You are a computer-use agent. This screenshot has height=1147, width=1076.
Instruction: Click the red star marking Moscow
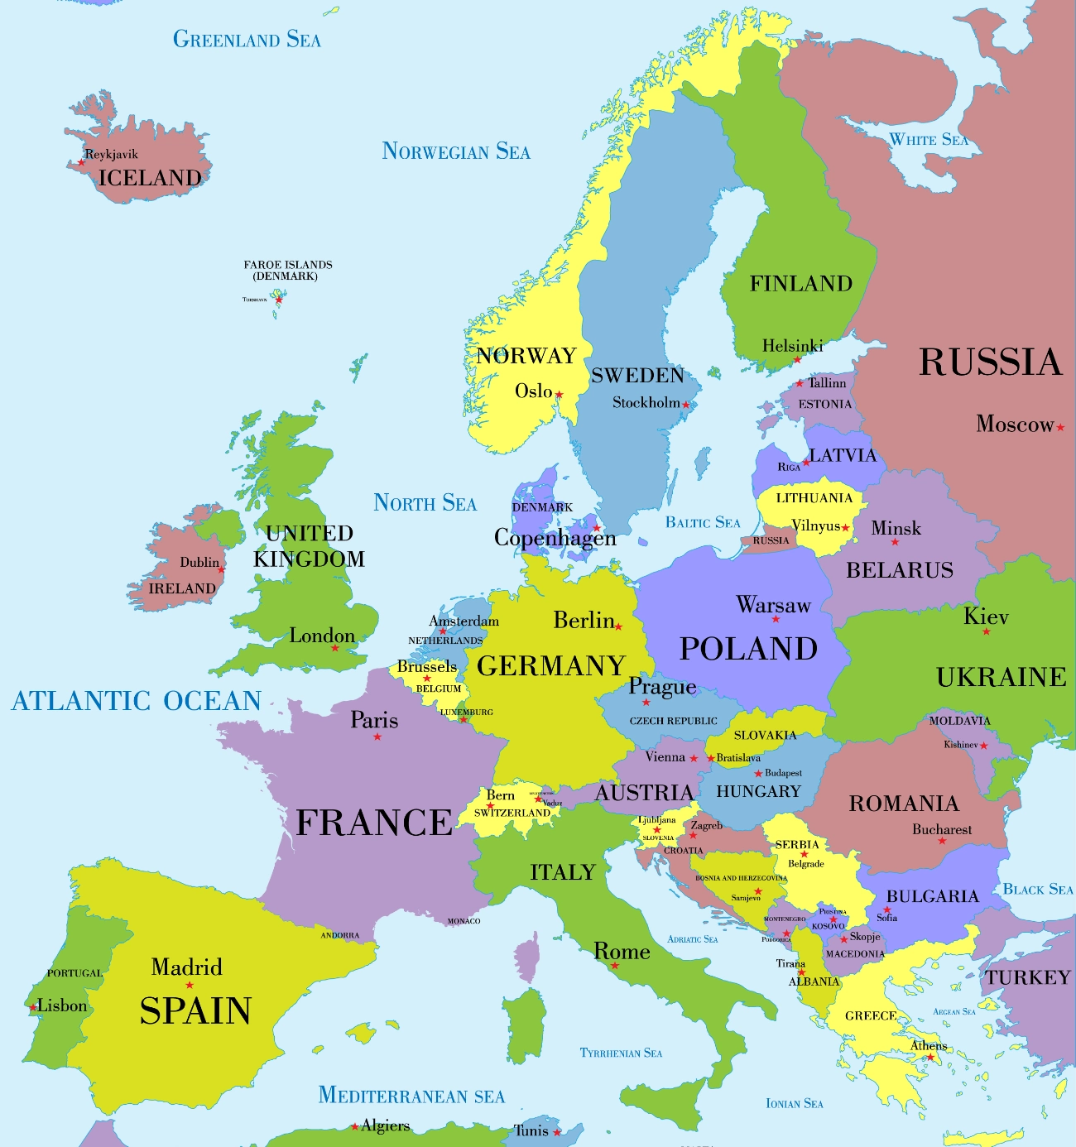(1060, 427)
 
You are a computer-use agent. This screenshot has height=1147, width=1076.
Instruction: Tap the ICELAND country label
(150, 178)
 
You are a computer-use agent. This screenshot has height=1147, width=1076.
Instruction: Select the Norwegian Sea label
(456, 151)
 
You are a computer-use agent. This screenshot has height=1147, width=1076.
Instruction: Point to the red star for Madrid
(190, 985)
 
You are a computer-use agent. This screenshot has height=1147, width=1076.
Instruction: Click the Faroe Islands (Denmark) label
(287, 270)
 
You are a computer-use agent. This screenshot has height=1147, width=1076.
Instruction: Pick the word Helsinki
(792, 346)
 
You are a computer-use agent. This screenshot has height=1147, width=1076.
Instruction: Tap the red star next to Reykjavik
(81, 162)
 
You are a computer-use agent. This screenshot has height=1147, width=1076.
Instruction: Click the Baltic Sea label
(703, 522)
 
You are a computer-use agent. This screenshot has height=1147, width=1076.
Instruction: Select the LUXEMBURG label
(466, 712)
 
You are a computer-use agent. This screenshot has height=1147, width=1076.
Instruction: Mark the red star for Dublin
(221, 570)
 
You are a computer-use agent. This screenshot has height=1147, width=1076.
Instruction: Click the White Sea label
(928, 140)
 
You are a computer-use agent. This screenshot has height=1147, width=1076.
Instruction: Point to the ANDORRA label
(340, 935)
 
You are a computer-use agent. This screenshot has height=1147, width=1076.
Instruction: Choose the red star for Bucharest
(942, 842)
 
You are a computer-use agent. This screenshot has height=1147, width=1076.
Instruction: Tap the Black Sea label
(1038, 890)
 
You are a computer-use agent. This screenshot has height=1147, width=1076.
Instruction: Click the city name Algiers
(386, 1125)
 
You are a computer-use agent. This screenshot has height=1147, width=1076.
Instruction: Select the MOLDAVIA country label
(959, 721)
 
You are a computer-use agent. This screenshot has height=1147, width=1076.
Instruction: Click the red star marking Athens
(930, 1057)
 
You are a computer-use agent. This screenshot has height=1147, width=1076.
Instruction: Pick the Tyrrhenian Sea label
(621, 1053)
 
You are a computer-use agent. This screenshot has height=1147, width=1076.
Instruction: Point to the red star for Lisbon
(34, 1007)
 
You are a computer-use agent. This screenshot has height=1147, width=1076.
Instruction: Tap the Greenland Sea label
(247, 39)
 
